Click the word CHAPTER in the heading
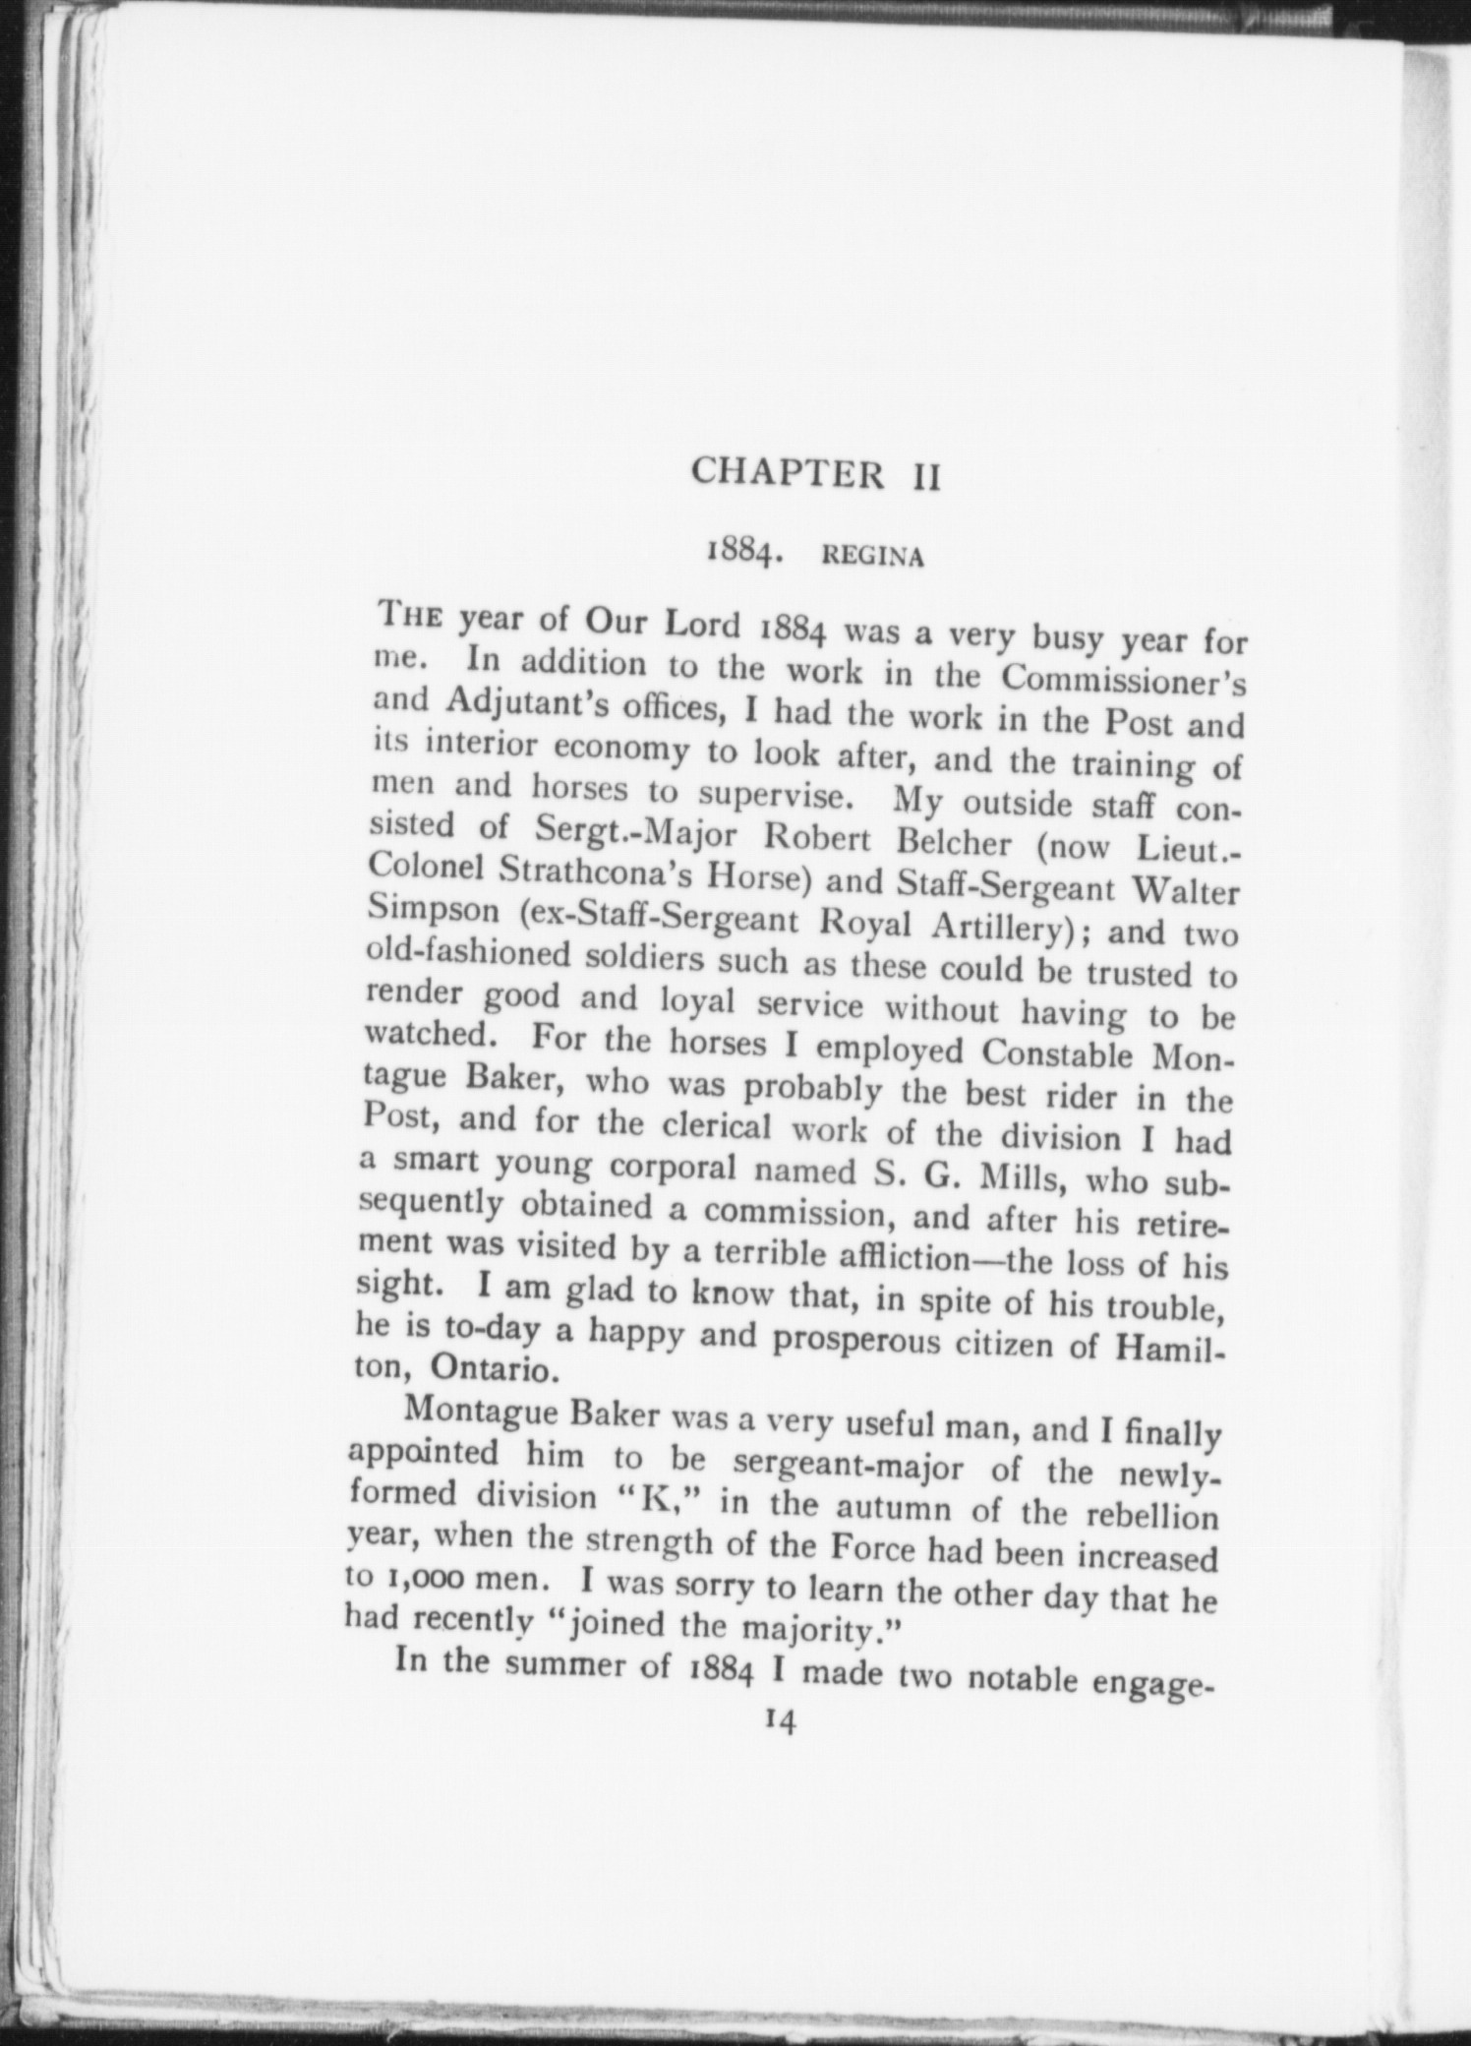(787, 473)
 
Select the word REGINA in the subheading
(872, 557)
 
